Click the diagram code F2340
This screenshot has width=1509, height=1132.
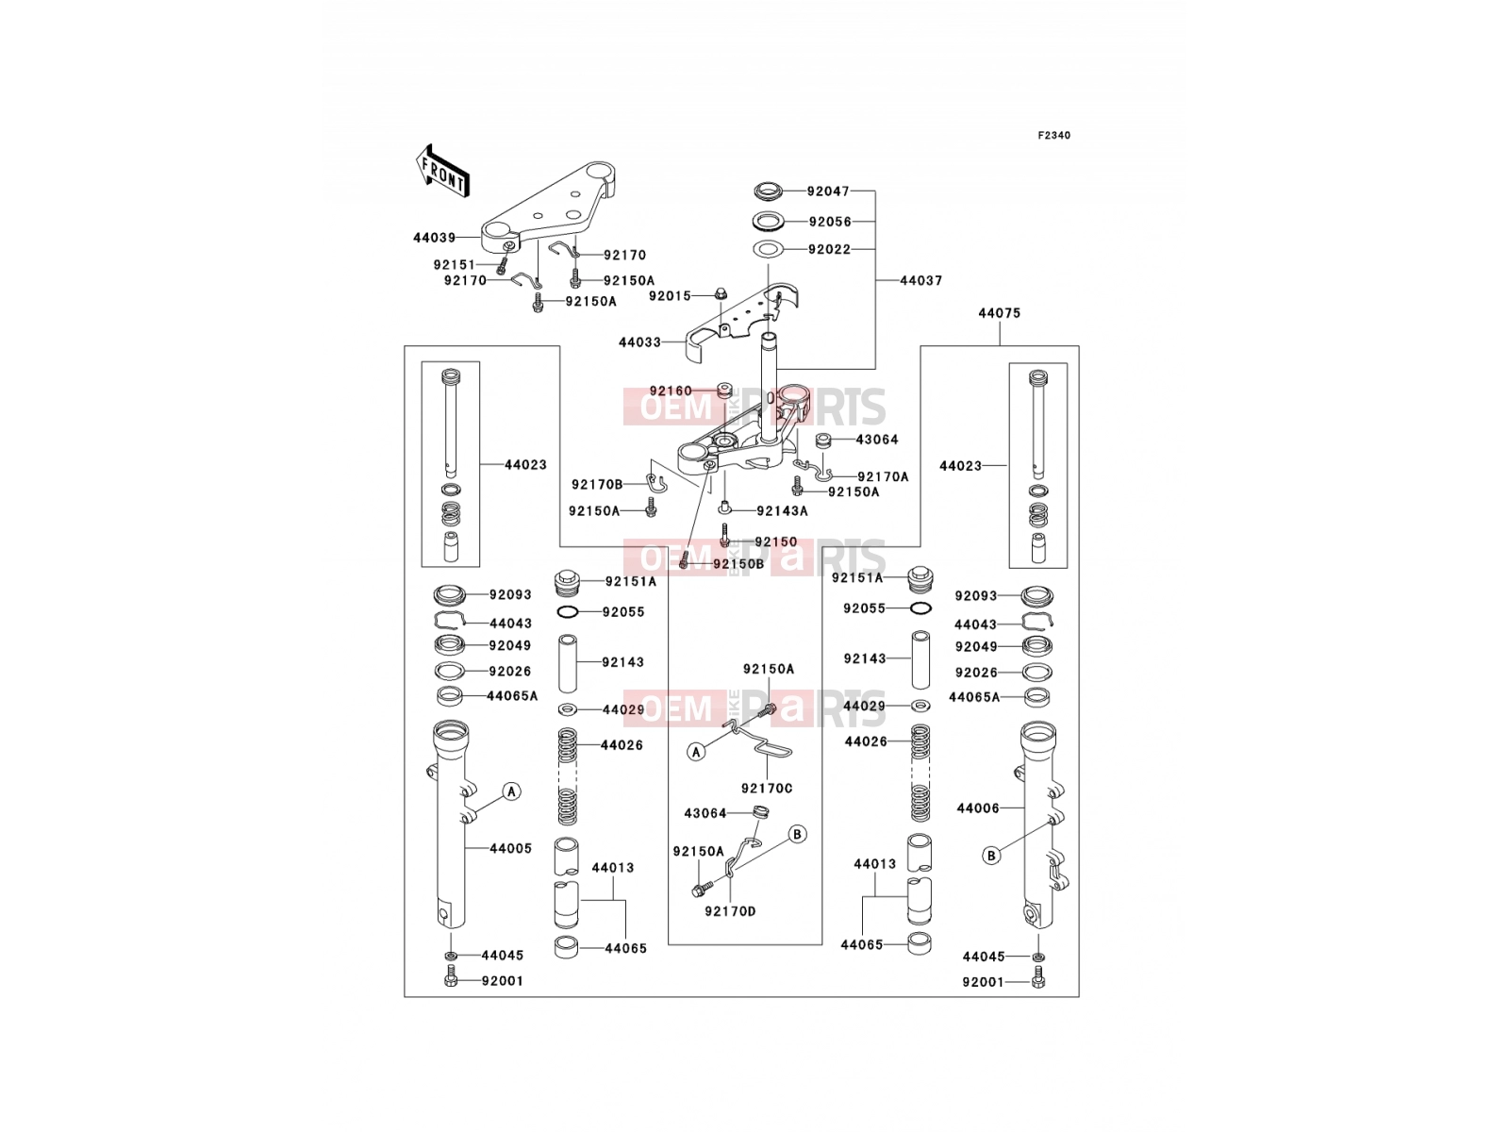point(1053,136)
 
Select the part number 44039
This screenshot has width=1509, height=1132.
point(434,238)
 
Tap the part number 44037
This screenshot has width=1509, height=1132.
point(921,280)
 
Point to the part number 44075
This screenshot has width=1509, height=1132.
point(1000,313)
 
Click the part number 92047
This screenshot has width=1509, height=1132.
point(828,191)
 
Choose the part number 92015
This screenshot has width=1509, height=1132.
point(670,296)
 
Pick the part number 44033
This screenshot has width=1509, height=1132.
point(639,341)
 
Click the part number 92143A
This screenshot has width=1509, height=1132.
point(783,510)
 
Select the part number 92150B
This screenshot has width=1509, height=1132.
point(738,564)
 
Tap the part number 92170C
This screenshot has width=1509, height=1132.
point(767,789)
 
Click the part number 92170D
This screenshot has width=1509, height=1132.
point(730,911)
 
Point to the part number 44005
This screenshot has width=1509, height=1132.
point(511,849)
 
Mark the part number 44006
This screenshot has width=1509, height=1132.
point(978,809)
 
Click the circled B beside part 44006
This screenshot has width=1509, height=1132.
point(991,856)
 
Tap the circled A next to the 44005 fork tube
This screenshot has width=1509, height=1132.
point(511,791)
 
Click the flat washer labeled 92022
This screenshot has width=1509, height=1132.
point(768,249)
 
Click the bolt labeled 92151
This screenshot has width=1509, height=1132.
point(503,266)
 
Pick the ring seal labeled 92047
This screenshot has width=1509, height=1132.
point(769,191)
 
